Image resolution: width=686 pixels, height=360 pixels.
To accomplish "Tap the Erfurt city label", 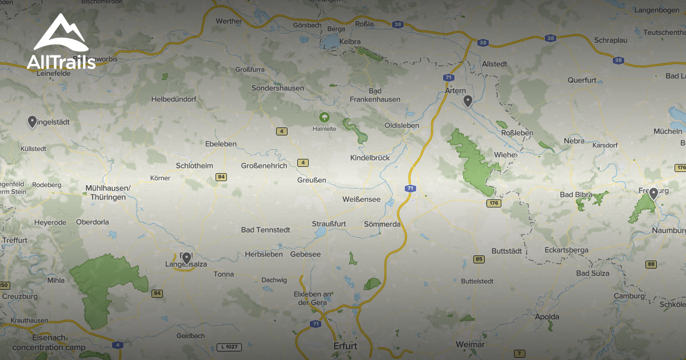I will tap(345, 346).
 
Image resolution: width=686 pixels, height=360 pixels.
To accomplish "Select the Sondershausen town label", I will tap(278, 88).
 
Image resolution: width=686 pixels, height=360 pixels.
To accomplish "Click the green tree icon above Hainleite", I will tap(324, 118).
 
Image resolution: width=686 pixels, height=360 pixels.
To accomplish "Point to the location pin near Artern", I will tap(468, 102).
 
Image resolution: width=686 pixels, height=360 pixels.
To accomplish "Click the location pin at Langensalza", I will tap(186, 258).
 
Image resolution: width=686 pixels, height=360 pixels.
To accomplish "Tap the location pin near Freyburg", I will tap(653, 194).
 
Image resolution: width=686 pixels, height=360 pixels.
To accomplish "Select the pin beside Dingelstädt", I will tap(32, 121).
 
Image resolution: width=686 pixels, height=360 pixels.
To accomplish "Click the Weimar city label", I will tap(470, 345).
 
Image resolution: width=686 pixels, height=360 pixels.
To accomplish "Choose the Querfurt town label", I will tap(582, 80).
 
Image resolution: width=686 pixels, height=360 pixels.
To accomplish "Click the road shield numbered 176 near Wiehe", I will tap(493, 203).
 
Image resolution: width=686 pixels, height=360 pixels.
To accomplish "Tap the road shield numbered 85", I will tap(479, 259).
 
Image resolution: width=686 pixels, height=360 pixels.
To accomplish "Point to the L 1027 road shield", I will tap(228, 347).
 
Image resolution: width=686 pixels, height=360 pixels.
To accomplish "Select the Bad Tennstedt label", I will tap(265, 230).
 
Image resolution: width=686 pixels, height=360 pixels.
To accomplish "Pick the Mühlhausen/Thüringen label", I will tap(107, 193).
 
